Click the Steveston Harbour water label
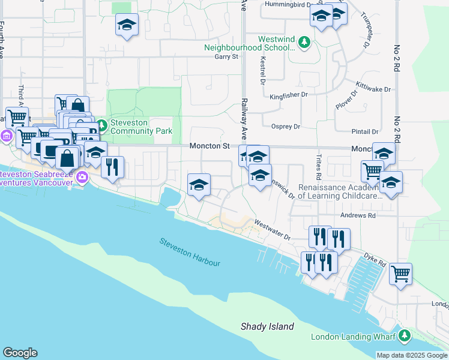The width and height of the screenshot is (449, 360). (x=190, y=252)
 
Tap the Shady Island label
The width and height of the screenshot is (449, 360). (x=267, y=327)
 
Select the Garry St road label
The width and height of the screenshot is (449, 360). (x=226, y=57)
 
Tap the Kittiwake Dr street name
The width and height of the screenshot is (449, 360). (x=373, y=89)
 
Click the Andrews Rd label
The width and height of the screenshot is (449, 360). (x=359, y=215)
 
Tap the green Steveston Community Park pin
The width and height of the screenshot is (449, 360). (x=101, y=125)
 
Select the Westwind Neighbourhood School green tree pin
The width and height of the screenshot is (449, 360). (x=305, y=42)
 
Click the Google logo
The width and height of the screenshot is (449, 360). (x=20, y=353)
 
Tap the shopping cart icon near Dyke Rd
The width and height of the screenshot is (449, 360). (x=400, y=274)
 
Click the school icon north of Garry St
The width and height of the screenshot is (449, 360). (x=127, y=25)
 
